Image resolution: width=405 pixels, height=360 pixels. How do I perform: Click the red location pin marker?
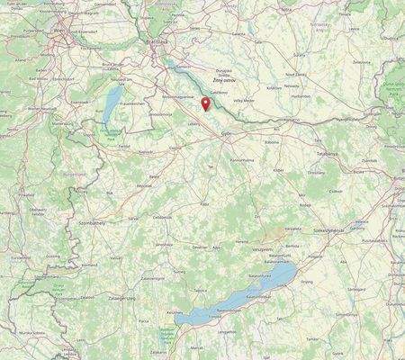[205, 103]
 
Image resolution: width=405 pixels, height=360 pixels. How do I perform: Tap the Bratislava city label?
[158, 41]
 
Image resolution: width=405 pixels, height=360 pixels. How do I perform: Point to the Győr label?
[227, 131]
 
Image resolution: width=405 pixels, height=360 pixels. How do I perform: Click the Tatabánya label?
[328, 154]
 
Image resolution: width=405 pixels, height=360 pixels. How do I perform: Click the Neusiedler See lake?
[108, 103]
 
